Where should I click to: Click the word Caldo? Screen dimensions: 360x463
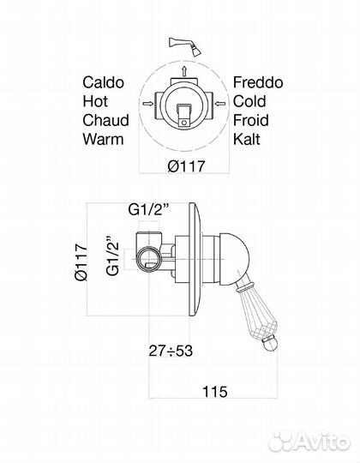pyautogui.click(x=103, y=82)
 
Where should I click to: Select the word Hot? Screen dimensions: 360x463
pyautogui.click(x=95, y=101)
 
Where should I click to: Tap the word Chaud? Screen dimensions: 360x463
pyautogui.click(x=105, y=120)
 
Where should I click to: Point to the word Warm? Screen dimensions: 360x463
pyautogui.click(x=103, y=139)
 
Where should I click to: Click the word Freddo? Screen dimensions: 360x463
pyautogui.click(x=258, y=82)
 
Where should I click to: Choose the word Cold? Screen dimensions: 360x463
pyautogui.click(x=249, y=101)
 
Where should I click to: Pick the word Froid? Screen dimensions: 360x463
pyautogui.click(x=251, y=120)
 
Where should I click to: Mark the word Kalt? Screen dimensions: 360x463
pyautogui.click(x=247, y=139)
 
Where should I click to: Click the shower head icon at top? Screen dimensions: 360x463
pyautogui.click(x=185, y=46)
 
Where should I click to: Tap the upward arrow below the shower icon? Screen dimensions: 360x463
pyautogui.click(x=184, y=71)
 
